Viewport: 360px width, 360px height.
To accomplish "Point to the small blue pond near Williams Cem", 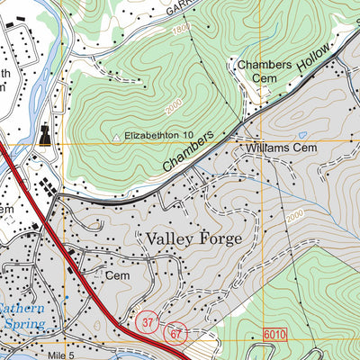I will point(302,135).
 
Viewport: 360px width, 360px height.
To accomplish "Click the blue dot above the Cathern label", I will point(67,297).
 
